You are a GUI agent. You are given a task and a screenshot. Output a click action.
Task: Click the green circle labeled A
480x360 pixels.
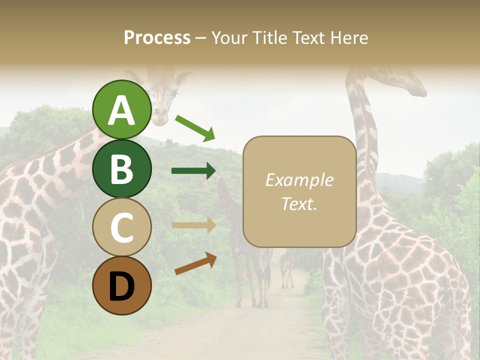tap(122, 109)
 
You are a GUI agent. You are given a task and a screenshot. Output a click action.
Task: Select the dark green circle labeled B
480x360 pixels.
tap(122, 168)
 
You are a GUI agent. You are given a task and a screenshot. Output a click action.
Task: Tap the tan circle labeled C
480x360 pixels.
tap(122, 227)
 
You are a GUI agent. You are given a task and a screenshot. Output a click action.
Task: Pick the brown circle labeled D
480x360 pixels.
tap(122, 285)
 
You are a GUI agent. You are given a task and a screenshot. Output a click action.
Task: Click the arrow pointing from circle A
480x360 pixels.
tap(195, 127)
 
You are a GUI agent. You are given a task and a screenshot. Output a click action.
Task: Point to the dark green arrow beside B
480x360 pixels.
tap(193, 170)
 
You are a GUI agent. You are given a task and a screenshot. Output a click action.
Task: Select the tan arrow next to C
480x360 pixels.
tap(193, 225)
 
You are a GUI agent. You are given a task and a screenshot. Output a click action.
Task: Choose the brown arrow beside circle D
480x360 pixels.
tap(195, 263)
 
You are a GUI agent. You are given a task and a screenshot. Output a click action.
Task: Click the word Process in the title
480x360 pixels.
tap(157, 37)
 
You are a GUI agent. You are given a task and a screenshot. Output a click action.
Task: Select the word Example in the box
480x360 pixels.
tap(299, 180)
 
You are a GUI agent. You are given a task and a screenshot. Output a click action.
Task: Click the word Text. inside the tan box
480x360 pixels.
tap(299, 203)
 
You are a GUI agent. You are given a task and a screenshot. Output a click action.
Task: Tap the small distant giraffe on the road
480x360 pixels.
tap(287, 267)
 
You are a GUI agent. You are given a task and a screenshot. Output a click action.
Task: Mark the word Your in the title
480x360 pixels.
tap(230, 37)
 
